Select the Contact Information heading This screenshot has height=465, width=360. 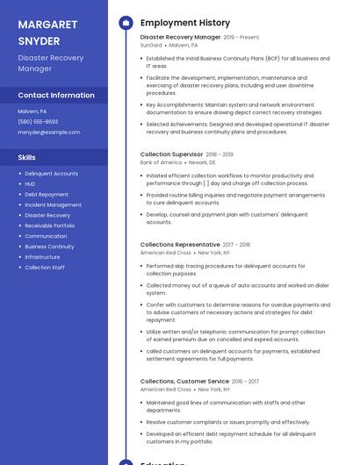[56, 95]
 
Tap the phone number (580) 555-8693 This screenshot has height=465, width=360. [38, 122]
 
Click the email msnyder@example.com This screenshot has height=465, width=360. [48, 132]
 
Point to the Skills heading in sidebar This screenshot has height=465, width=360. [27, 157]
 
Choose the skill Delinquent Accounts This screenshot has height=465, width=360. [51, 174]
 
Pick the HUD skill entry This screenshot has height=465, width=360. [30, 184]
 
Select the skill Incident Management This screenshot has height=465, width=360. [53, 204]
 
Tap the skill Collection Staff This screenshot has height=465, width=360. [45, 267]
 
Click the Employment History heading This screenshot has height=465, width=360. [185, 23]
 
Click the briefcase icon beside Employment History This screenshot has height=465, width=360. [125, 23]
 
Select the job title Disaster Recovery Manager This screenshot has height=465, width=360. [180, 38]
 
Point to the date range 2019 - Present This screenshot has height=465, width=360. [241, 38]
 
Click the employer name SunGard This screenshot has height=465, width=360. [151, 46]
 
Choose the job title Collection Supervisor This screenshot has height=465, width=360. [171, 154]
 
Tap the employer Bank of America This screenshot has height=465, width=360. [161, 162]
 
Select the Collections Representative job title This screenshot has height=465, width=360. [180, 245]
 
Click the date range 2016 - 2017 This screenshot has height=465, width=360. [246, 382]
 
